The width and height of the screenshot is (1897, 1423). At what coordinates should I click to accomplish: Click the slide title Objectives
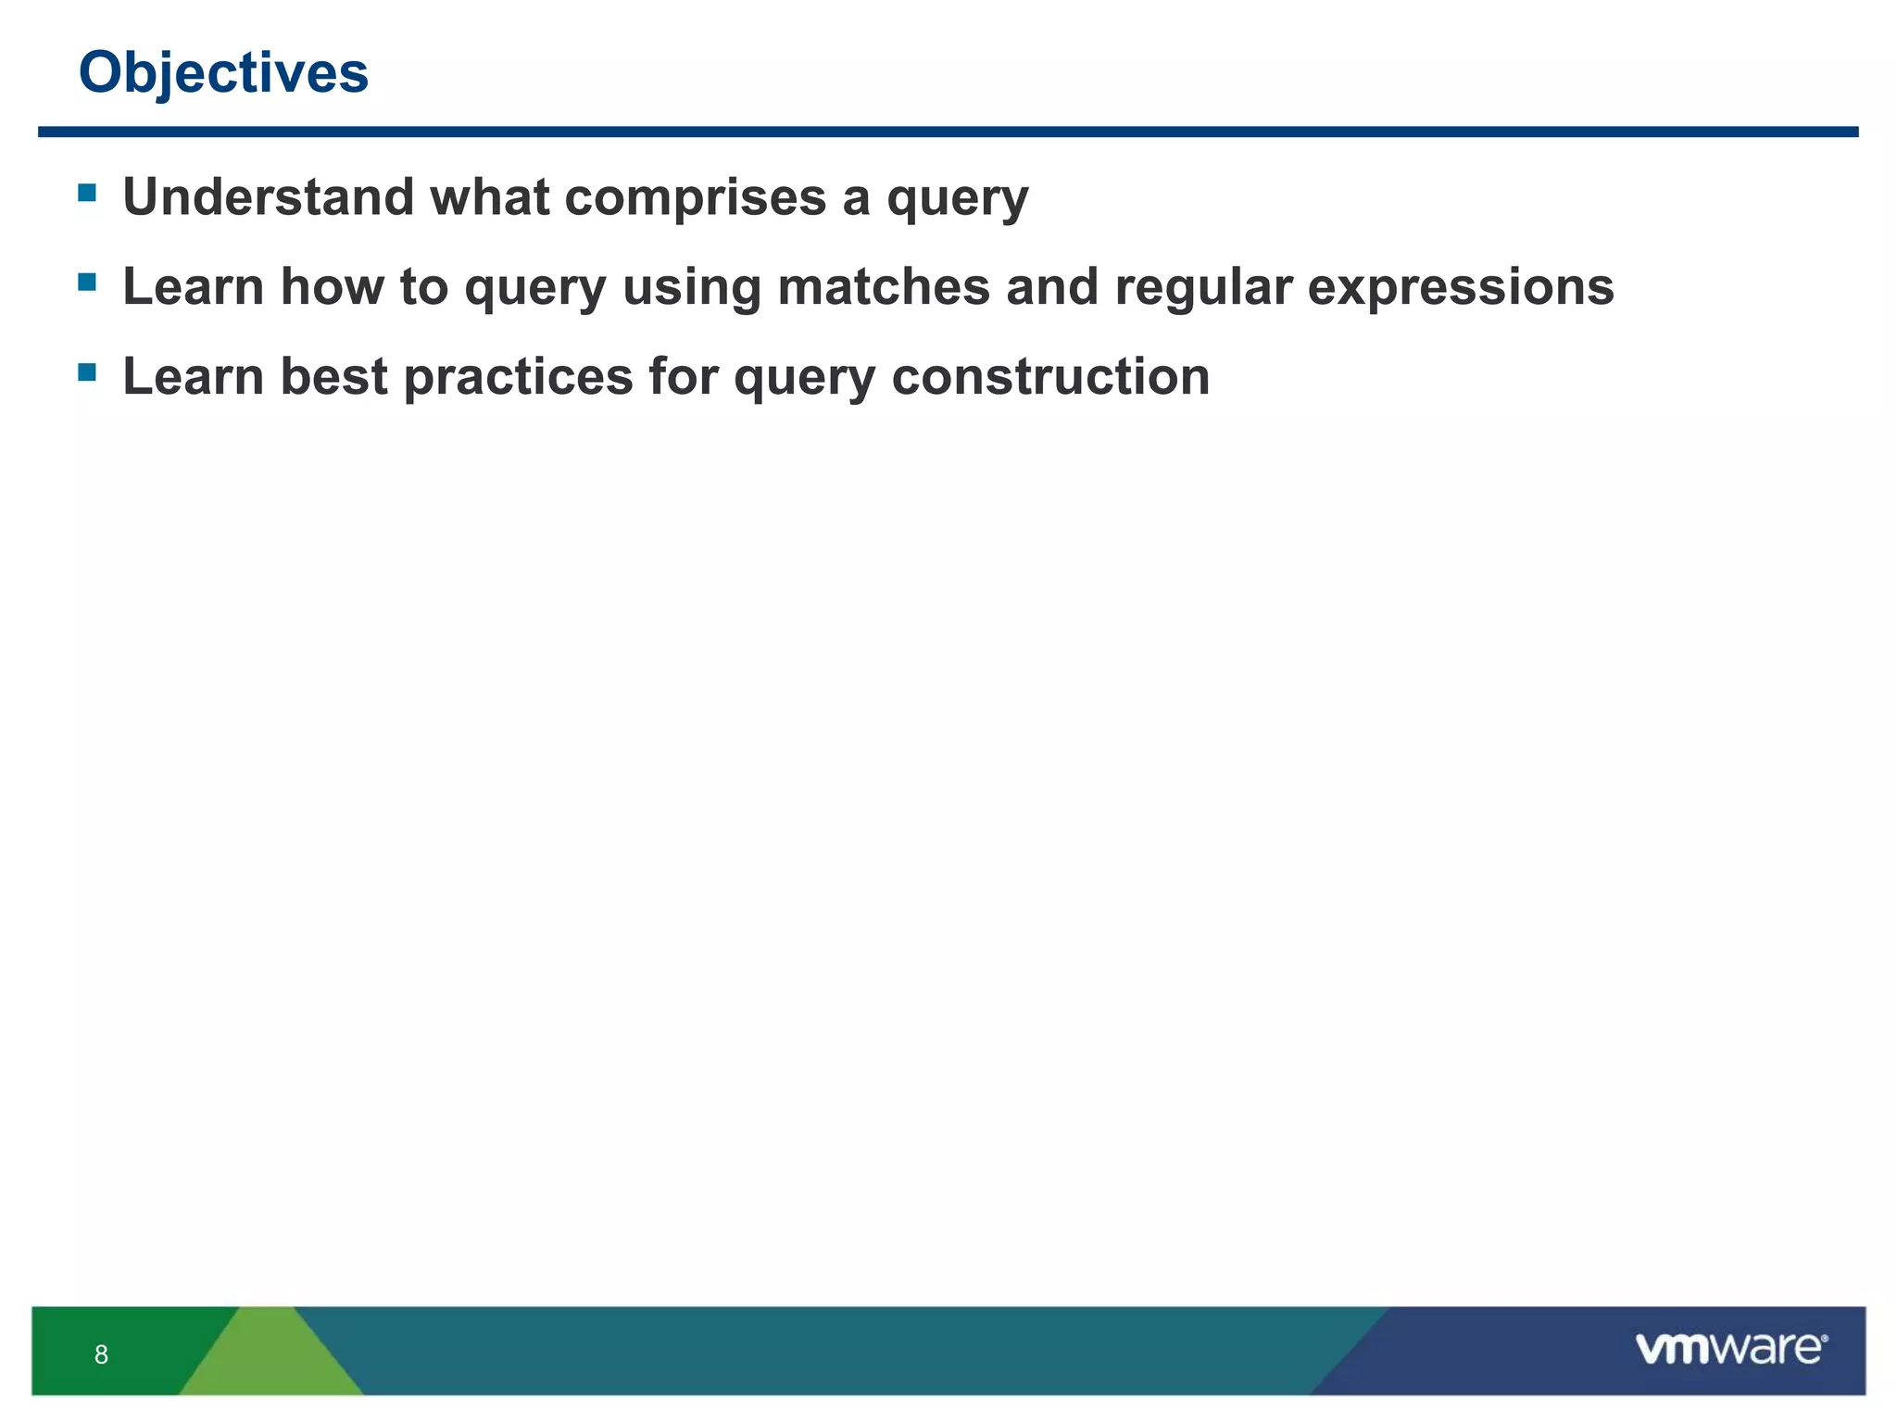pos(223,72)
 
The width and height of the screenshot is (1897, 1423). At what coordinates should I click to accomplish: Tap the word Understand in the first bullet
pos(269,197)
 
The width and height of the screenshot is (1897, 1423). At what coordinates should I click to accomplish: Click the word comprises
pos(695,197)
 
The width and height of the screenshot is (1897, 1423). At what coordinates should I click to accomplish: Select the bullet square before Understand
pos(87,193)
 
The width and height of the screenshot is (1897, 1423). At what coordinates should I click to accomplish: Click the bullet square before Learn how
pos(87,282)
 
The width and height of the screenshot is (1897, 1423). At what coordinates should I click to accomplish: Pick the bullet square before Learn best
pos(87,372)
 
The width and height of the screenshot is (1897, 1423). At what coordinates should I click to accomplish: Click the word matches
pos(884,286)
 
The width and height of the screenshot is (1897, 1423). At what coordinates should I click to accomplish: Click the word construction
pos(1050,377)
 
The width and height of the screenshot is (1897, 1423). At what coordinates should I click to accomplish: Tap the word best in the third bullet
pos(333,377)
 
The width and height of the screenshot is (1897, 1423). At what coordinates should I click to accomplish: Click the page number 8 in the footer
pos(101,1354)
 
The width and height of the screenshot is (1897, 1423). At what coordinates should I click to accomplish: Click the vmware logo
pos(1730,1348)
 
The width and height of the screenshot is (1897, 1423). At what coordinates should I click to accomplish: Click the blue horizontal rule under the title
pos(948,132)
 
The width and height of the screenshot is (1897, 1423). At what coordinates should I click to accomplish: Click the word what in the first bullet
pos(489,197)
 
